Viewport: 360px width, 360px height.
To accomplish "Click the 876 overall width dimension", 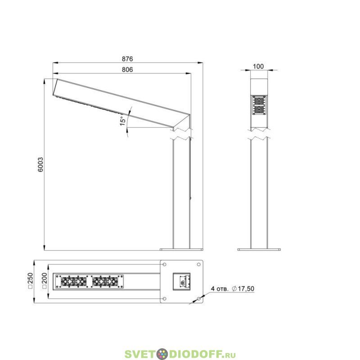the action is coord(127,59).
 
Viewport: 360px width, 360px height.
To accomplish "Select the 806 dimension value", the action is coord(127,70).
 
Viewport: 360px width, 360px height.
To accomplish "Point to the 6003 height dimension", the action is coord(40,165).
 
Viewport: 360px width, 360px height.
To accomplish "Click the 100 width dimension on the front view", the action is coord(258,67).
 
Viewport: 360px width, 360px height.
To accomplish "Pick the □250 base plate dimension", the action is coord(31,280).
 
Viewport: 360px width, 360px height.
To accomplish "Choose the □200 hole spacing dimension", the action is coord(45,280).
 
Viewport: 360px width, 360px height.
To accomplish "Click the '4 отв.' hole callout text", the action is coord(220,288).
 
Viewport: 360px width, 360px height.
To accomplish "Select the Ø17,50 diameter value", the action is coord(243,288).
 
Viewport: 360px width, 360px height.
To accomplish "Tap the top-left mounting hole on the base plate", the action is coord(164,265).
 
